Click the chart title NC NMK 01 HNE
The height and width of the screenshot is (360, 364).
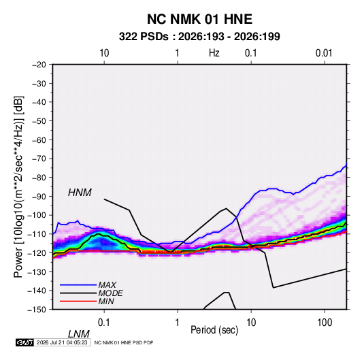(199, 19)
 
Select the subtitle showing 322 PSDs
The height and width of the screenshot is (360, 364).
(199, 37)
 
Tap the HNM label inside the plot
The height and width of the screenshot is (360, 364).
(80, 193)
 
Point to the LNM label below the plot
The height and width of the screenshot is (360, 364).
(79, 334)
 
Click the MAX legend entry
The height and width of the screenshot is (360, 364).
(107, 284)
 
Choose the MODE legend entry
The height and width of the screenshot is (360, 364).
(110, 293)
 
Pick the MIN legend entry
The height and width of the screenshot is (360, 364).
(106, 301)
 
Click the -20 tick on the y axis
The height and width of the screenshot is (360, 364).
(39, 65)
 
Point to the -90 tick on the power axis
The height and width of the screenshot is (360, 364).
(39, 197)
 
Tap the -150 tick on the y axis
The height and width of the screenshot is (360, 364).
(37, 310)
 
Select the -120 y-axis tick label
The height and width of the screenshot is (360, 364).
(37, 253)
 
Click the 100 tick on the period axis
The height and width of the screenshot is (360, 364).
(325, 323)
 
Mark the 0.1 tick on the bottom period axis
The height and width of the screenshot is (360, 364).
(104, 323)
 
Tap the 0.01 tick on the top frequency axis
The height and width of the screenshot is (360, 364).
(324, 53)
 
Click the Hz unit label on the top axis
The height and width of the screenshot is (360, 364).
(214, 53)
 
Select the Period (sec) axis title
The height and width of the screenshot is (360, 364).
(214, 330)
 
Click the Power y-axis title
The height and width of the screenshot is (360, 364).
(18, 187)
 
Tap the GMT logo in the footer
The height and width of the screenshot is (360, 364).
(25, 342)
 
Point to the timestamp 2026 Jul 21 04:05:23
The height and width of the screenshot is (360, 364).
(62, 342)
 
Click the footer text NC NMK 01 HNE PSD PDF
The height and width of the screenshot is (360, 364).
(124, 342)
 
